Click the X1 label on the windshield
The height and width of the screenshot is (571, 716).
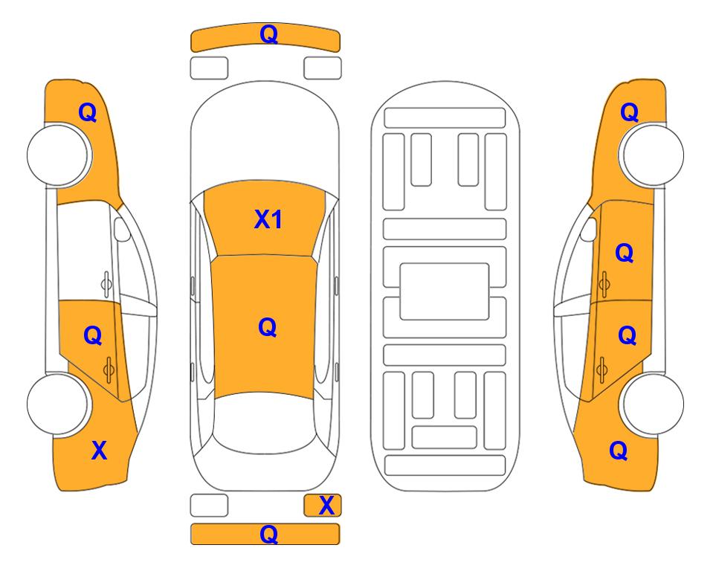268,219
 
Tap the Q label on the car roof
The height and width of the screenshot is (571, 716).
268,327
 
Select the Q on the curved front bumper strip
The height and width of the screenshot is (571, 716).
269,33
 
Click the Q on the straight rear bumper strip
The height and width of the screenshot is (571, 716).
268,534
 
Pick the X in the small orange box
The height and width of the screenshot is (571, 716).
326,506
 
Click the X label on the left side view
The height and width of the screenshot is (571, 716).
99,451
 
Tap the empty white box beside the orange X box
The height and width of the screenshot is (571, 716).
209,506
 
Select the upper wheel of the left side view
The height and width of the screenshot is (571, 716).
58,155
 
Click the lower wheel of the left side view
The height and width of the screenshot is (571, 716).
58,404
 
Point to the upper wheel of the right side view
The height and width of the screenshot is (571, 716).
653,155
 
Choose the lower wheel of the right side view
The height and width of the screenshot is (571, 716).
653,404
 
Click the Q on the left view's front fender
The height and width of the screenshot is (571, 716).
88,112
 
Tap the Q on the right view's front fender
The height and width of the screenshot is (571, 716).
629,112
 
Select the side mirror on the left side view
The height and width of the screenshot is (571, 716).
121,229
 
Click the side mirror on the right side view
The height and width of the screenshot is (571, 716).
589,229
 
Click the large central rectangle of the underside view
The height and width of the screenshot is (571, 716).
445,291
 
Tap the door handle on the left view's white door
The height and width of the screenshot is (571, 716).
106,284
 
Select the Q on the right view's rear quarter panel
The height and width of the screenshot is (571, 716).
619,451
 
